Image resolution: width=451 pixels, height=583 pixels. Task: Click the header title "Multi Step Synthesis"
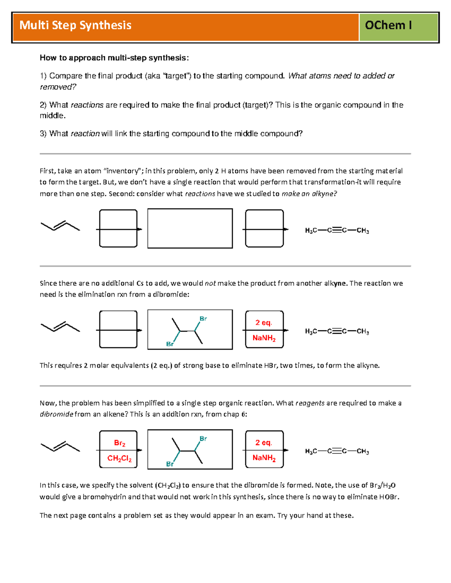[75, 25]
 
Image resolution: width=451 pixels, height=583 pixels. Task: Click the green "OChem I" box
[389, 25]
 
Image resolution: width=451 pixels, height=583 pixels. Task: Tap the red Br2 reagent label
[120, 443]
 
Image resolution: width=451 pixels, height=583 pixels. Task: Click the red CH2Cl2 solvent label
[120, 458]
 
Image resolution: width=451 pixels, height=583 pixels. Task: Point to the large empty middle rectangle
[190, 229]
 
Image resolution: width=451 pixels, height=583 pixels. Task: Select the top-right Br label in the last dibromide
[203, 438]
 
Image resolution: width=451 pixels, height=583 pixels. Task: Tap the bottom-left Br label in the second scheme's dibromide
[170, 344]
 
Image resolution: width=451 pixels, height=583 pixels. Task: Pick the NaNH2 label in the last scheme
[264, 458]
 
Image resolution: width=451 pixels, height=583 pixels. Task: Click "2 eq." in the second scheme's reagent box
[263, 322]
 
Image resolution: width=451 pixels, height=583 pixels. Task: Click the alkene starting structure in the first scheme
[60, 226]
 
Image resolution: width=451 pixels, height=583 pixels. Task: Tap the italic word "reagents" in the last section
[310, 403]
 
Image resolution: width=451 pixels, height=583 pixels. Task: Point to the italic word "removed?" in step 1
[58, 87]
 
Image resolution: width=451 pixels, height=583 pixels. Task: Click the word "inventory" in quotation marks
[122, 171]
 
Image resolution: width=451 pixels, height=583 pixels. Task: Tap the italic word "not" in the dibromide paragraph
[210, 283]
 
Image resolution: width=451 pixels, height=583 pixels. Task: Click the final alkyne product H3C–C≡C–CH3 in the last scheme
[337, 452]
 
